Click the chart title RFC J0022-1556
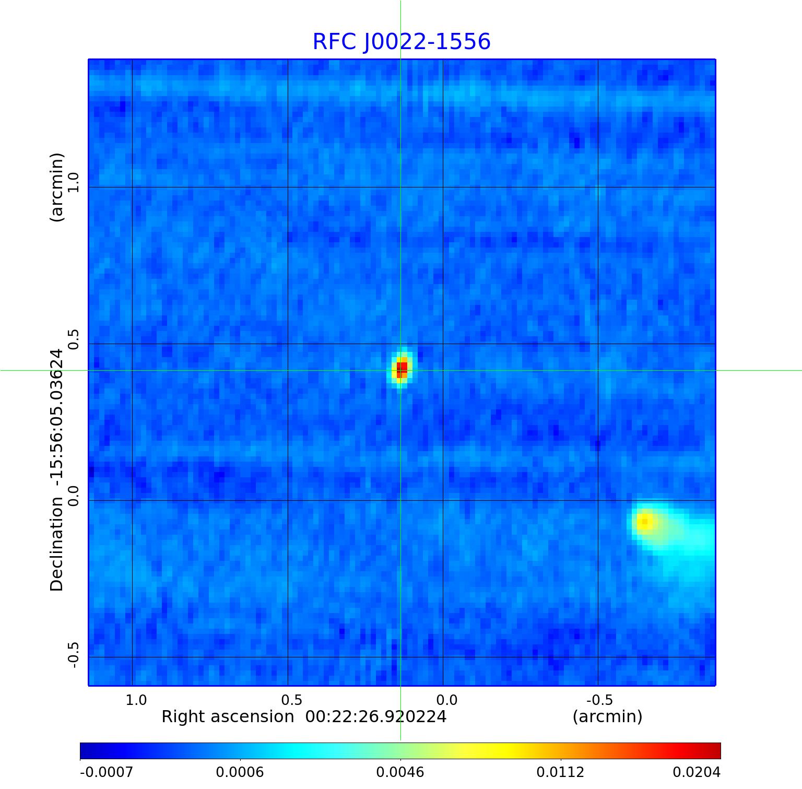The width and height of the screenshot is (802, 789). [x=402, y=42]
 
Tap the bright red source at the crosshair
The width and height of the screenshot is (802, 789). [x=401, y=369]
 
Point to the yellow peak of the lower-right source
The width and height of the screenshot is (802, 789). [x=645, y=521]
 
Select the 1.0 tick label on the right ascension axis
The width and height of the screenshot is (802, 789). [x=136, y=700]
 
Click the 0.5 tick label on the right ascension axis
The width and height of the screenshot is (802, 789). [x=291, y=700]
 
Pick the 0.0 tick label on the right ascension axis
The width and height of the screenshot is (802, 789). [x=446, y=700]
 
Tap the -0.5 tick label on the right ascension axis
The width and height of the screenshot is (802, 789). [x=599, y=700]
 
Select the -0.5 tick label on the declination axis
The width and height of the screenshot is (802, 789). [x=73, y=655]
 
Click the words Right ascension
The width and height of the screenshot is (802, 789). [x=228, y=716]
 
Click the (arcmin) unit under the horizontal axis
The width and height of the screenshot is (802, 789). [x=607, y=716]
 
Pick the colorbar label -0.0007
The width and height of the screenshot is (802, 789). [x=107, y=772]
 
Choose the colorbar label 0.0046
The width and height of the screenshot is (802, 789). [x=400, y=772]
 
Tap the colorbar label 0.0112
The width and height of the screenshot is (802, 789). [x=560, y=772]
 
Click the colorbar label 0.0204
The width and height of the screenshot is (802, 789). [x=696, y=772]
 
